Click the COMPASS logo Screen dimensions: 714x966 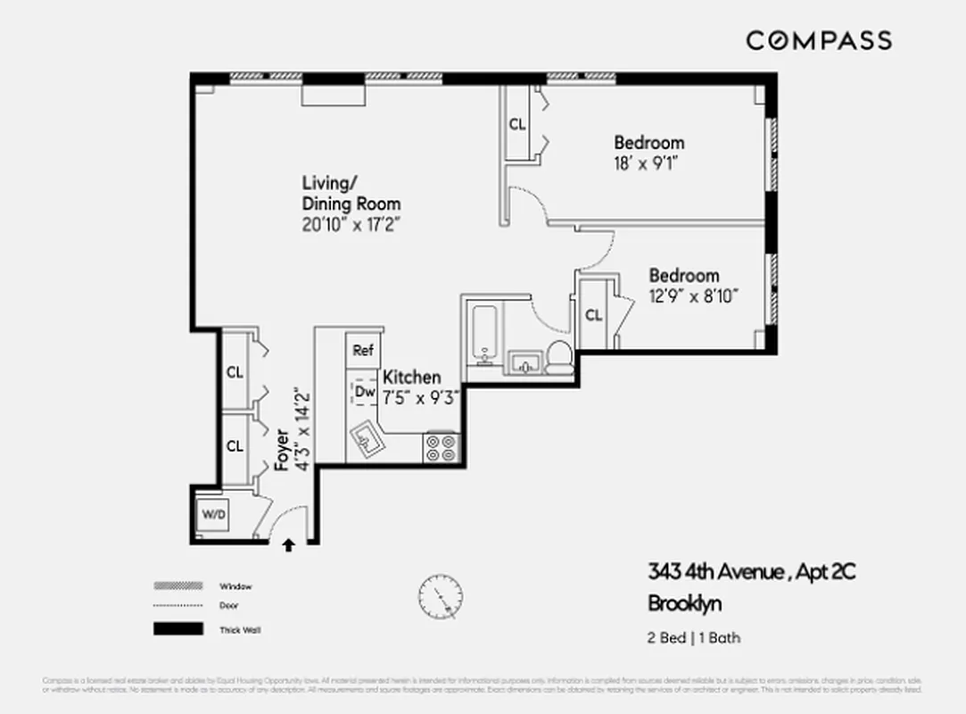point(818,40)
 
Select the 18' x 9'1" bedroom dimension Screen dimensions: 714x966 point(648,163)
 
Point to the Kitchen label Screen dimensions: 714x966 point(411,378)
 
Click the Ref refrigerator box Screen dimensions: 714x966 point(362,350)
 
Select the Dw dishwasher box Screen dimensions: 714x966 point(364,391)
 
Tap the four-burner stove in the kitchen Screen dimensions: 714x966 point(442,447)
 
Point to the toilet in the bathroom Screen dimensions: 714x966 point(559,357)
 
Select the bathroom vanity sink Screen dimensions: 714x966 point(525,363)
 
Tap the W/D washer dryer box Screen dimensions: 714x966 point(213,514)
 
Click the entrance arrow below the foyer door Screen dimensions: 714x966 point(289,545)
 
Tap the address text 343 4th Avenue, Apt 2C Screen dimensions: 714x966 point(751,572)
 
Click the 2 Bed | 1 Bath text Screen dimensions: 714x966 point(693,637)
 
